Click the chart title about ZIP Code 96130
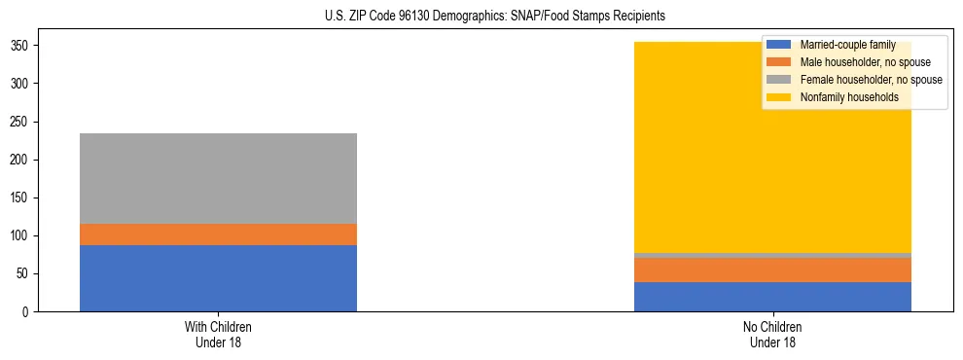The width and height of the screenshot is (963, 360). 494,17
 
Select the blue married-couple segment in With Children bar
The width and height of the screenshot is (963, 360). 218,278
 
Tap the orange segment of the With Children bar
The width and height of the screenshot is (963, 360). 218,234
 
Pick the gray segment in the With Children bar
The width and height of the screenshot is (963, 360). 218,178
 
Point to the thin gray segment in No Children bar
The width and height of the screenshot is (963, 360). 772,256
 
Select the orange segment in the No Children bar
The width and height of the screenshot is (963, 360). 772,270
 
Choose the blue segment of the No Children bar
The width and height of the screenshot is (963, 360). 772,297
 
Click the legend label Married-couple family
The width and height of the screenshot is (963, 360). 847,45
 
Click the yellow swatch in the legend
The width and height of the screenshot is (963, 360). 779,97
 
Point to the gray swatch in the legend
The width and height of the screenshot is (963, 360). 779,80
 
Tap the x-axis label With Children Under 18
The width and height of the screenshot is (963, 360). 218,335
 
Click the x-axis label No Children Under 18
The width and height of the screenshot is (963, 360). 772,335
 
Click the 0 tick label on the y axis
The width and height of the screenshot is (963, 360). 30,311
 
